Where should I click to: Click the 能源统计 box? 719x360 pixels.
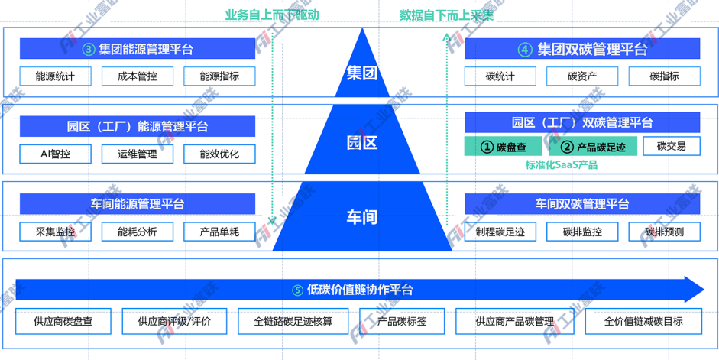click(x=56, y=76)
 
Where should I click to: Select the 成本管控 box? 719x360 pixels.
click(x=138, y=76)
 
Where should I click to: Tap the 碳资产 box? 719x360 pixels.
click(x=582, y=76)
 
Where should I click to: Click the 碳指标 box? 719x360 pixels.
click(x=664, y=76)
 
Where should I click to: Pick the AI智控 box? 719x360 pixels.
click(x=56, y=154)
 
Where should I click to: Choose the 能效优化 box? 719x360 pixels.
click(x=219, y=154)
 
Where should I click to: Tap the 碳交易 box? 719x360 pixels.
click(x=671, y=146)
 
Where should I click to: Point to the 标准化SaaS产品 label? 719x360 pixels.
click(x=562, y=164)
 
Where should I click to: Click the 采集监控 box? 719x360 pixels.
click(x=56, y=232)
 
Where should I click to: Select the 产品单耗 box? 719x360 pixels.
click(x=219, y=232)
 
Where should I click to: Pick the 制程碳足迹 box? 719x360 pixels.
click(x=500, y=232)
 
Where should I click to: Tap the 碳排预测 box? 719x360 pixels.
click(x=664, y=232)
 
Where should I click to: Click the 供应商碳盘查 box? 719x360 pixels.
click(x=63, y=322)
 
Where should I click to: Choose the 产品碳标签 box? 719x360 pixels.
click(x=402, y=322)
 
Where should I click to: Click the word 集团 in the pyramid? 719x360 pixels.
click(x=362, y=73)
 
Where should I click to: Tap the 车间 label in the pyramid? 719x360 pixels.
click(x=362, y=216)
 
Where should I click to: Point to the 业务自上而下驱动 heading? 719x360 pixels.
click(x=272, y=14)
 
